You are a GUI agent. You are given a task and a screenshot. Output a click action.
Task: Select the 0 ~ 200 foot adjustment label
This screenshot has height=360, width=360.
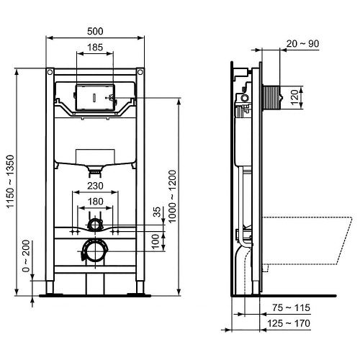click(26, 257)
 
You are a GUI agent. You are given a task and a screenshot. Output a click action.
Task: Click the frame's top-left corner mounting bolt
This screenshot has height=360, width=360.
click(50, 73)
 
